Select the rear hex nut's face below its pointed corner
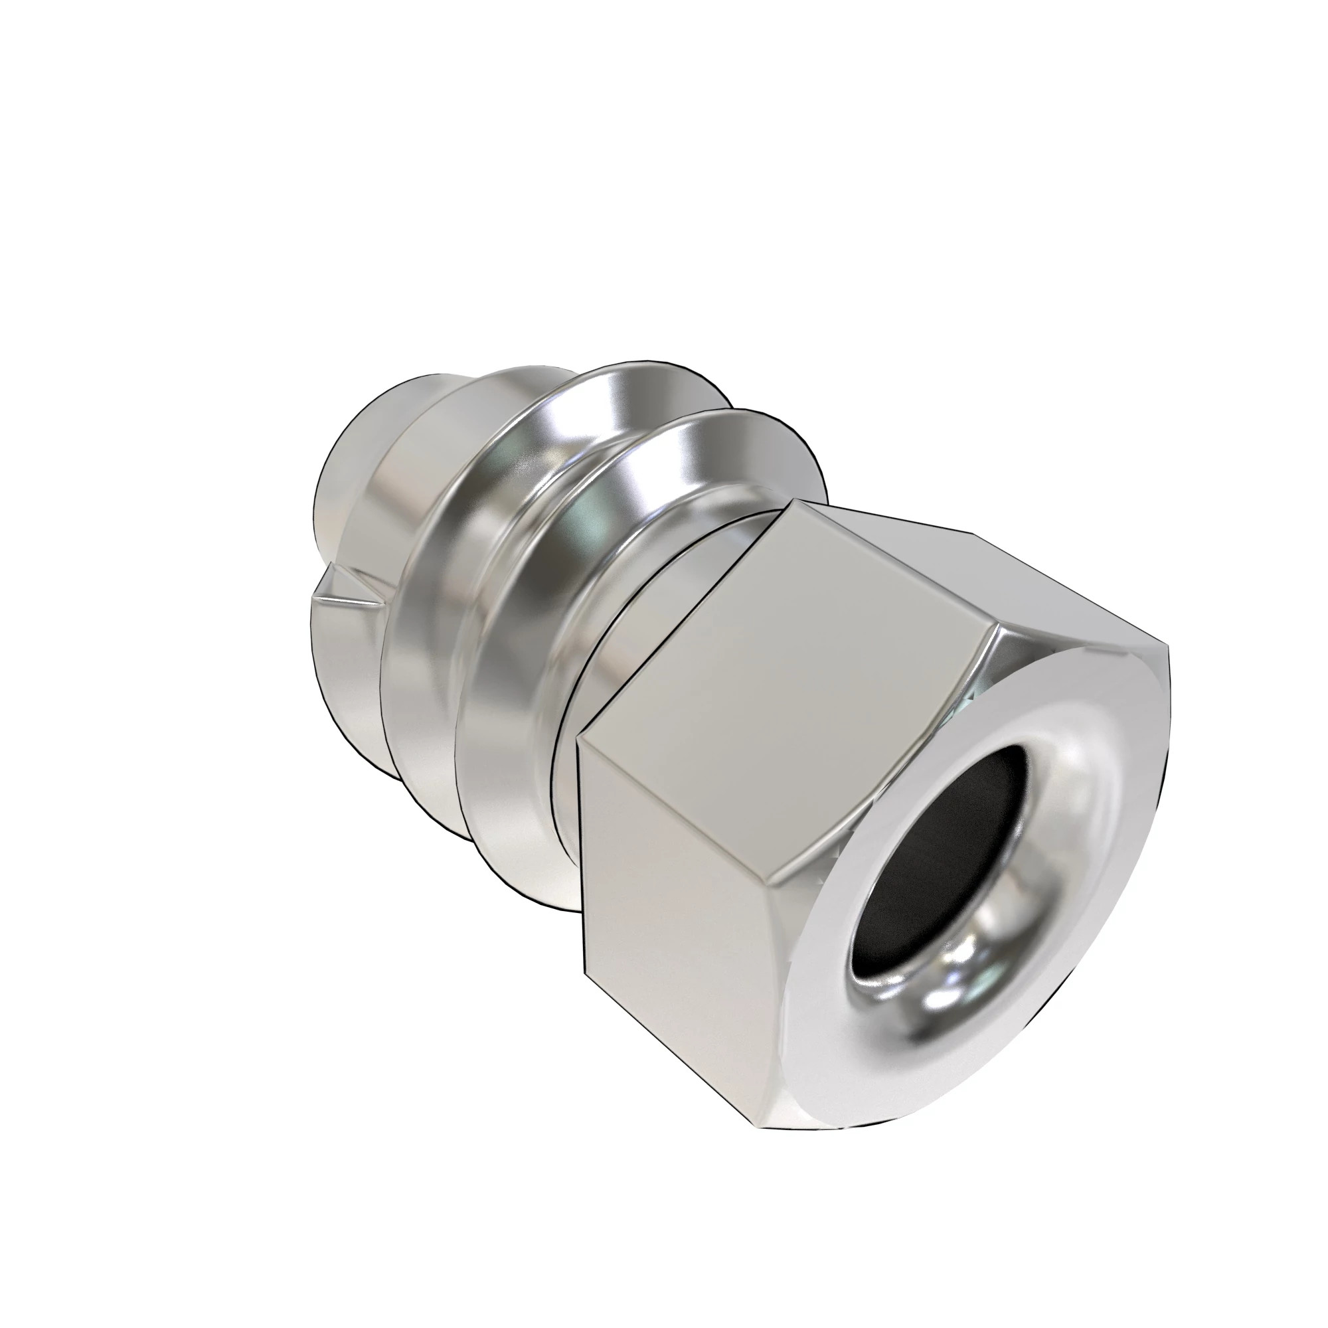pos(344,660)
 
